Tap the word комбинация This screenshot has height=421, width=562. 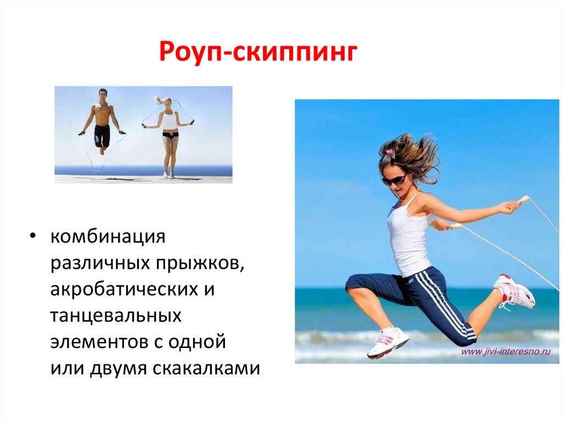tap(108, 237)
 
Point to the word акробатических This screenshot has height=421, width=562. tap(125, 290)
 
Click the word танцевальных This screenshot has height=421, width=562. tap(116, 316)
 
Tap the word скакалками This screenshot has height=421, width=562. tap(206, 368)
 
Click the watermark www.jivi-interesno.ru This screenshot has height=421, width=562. tap(505, 351)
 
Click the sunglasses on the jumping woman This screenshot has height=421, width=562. tap(394, 179)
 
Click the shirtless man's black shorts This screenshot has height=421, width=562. tap(102, 136)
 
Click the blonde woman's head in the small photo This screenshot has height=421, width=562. tap(167, 102)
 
